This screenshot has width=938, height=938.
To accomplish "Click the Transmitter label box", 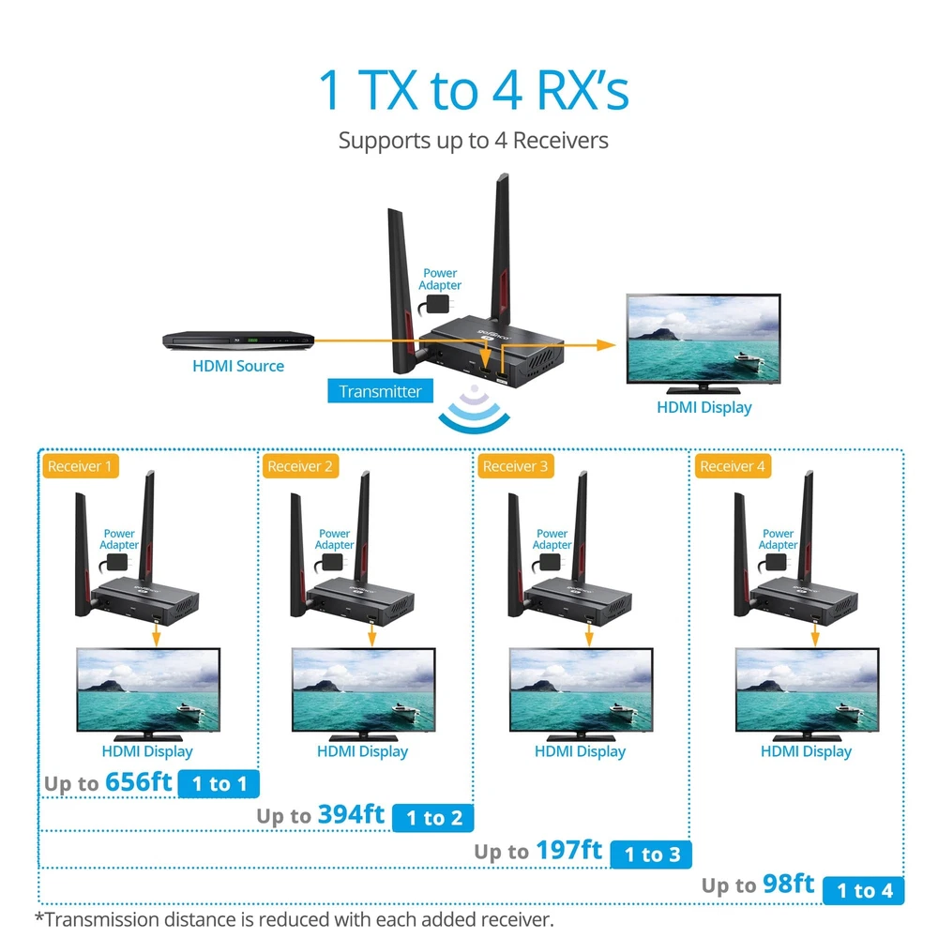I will pos(381,391).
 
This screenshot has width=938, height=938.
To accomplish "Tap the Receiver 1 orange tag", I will pos(79,466).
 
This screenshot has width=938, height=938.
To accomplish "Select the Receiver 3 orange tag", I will pos(515,466).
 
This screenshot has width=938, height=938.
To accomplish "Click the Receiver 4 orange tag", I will pos(733,466).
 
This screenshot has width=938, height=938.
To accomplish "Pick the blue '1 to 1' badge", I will pos(219,783).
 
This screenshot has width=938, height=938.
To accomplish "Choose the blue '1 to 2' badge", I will pos(433,818).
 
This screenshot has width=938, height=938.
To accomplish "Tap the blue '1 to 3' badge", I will pos(651,854).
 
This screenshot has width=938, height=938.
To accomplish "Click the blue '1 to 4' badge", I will pos(864,890).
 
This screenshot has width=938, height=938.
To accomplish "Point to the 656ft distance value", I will pos(139,781).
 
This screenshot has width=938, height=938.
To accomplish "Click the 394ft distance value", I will pos(352,814).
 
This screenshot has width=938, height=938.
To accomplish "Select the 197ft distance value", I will pos(569,850).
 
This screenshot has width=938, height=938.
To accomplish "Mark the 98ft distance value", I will pos(789,884).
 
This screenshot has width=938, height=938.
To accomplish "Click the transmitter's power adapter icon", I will pos(437,304).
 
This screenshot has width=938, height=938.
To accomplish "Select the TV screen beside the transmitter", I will pos(703,340).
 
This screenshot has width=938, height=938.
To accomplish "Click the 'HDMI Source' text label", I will pos(238,366).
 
